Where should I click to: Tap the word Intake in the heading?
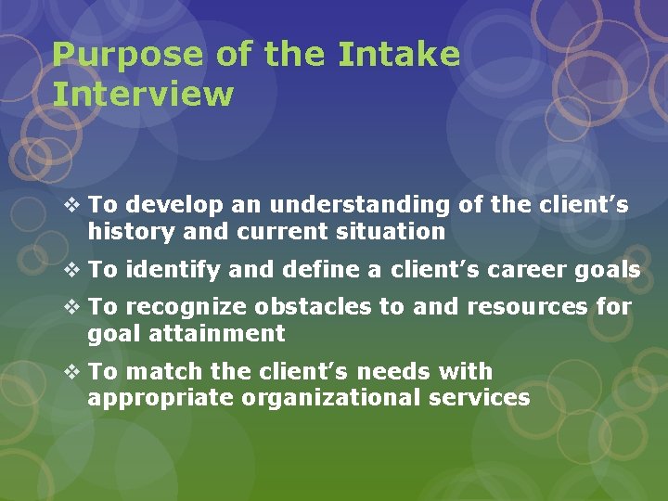398,56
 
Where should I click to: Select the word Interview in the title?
143,94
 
